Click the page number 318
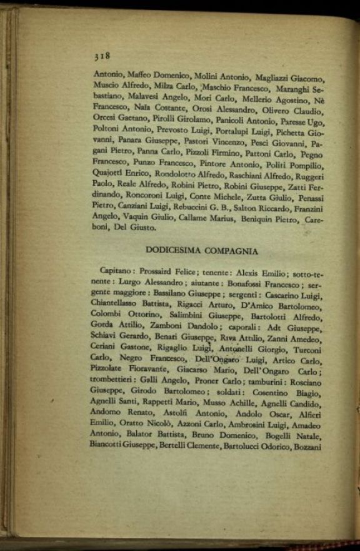pos(102,56)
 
